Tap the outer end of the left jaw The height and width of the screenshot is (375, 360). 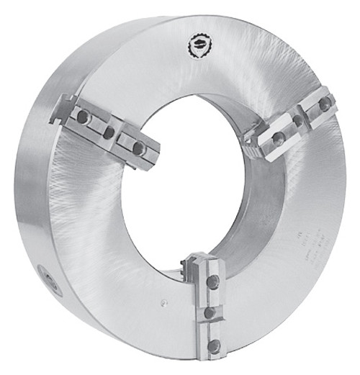(62, 108)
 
